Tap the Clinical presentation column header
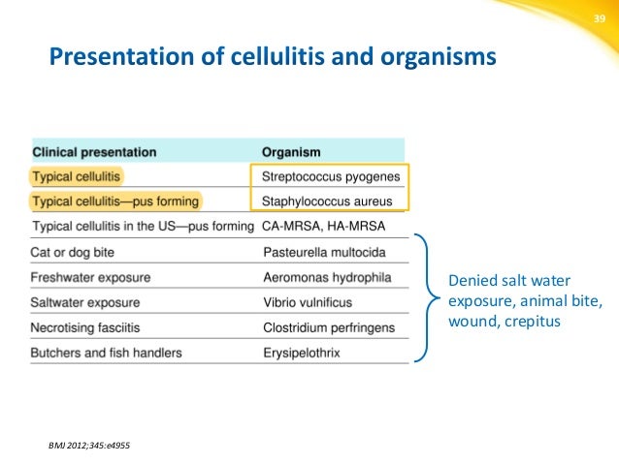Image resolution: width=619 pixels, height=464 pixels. tap(94, 152)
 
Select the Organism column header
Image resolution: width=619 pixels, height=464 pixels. tap(291, 152)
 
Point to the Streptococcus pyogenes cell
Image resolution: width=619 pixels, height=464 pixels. tap(327, 177)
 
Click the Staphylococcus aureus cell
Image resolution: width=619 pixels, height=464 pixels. tap(327, 201)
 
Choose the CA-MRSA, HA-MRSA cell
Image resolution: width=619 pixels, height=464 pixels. tap(323, 227)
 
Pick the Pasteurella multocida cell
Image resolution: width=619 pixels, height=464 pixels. tap(324, 253)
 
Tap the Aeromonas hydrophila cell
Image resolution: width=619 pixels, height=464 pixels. tap(327, 278)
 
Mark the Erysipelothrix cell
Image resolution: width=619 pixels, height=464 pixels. tap(302, 353)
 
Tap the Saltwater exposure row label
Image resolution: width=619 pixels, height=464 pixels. tap(85, 302)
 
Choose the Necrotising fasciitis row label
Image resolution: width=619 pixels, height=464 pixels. tap(89, 327)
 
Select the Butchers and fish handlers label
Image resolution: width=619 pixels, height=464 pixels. tap(107, 353)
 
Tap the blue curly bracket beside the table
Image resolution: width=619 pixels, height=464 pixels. tap(423, 298)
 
